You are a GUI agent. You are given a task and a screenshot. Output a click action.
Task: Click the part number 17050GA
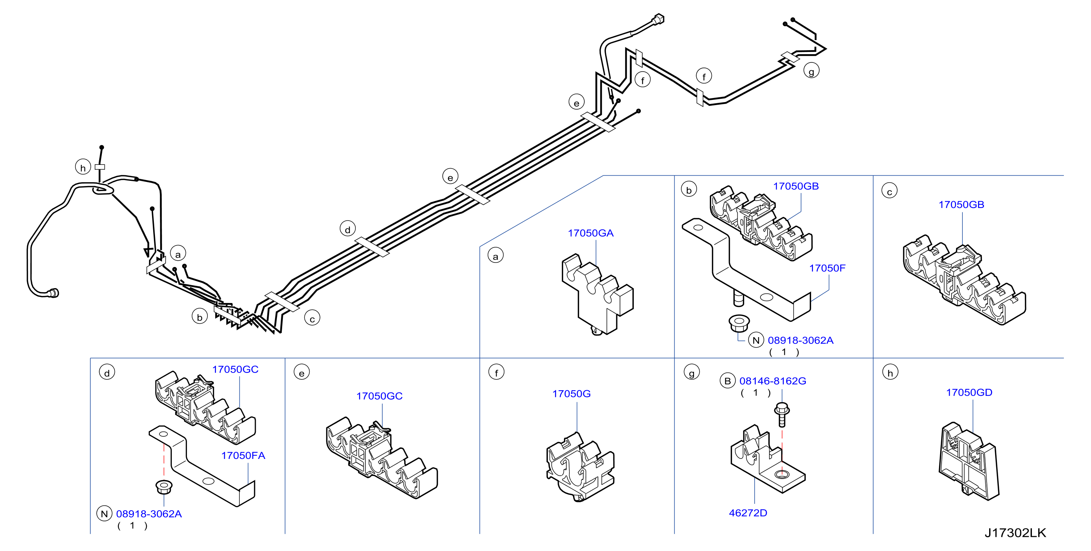(x=590, y=233)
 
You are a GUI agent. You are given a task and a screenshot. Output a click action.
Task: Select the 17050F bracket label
(x=827, y=268)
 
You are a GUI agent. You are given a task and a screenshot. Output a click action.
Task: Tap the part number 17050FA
(x=243, y=456)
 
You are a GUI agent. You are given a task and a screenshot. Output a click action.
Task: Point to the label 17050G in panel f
(x=571, y=394)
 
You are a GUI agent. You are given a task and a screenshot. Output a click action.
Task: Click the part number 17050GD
(x=969, y=393)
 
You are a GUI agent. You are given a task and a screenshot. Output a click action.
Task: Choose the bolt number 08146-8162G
(x=772, y=381)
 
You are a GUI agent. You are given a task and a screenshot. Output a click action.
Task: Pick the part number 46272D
(x=748, y=513)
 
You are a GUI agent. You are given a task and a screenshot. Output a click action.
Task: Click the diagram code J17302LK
(x=1015, y=533)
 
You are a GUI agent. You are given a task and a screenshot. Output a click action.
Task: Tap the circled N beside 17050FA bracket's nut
(x=104, y=514)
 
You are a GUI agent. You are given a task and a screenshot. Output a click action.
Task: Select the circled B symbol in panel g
(x=727, y=381)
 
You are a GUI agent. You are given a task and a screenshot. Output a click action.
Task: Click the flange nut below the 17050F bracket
(x=739, y=324)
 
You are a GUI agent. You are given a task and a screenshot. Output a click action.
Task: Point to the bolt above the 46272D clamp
(x=782, y=415)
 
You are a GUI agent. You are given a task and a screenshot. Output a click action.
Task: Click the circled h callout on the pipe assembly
(x=83, y=167)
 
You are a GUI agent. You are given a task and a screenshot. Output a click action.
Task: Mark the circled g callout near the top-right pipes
(x=811, y=71)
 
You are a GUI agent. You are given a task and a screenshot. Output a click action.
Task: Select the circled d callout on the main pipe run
(x=348, y=229)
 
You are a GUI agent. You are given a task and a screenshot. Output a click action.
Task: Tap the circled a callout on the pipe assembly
(x=178, y=254)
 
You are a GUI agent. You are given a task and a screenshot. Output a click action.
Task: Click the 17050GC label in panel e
(x=380, y=396)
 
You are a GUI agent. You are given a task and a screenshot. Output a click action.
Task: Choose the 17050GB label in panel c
(x=961, y=205)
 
